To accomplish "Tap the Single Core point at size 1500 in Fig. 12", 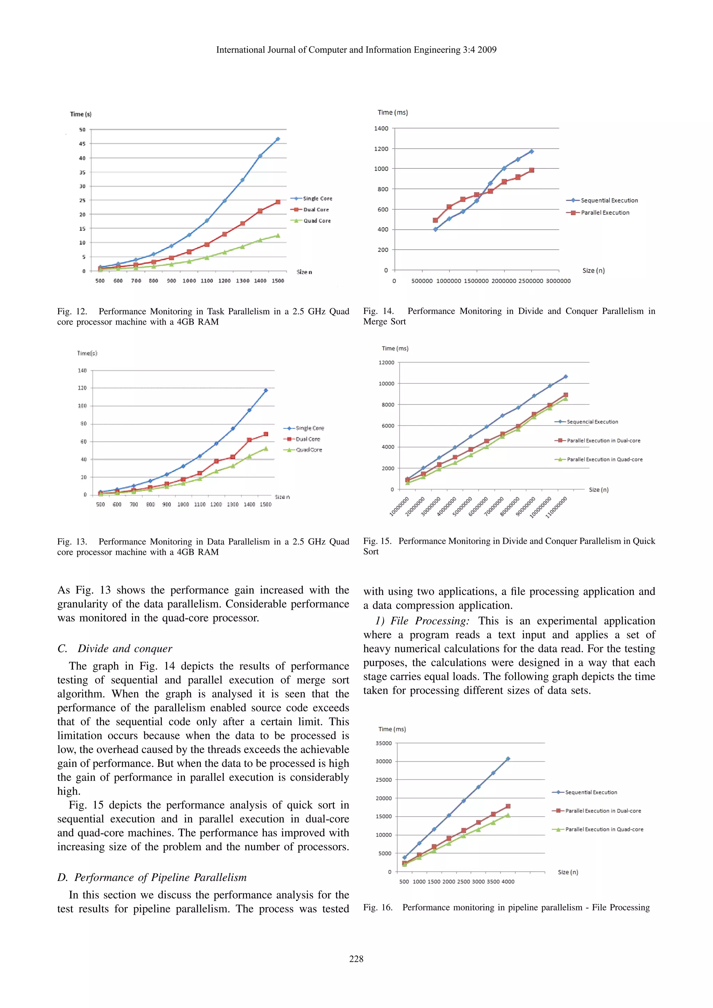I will point(277,139).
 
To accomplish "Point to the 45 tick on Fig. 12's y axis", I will point(82,144).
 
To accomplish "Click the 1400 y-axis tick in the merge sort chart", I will point(381,128).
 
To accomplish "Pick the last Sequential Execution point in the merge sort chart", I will point(532,151).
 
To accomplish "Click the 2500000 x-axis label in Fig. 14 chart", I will point(531,281).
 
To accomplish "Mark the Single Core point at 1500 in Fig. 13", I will point(266,390).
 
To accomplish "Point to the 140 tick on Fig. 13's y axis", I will point(82,371).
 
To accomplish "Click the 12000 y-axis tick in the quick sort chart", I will point(386,363).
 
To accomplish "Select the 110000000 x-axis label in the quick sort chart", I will point(557,508).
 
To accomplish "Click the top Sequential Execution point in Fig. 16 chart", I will point(508,759).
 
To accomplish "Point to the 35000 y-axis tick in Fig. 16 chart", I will point(384,743).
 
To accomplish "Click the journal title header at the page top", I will point(356,50).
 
